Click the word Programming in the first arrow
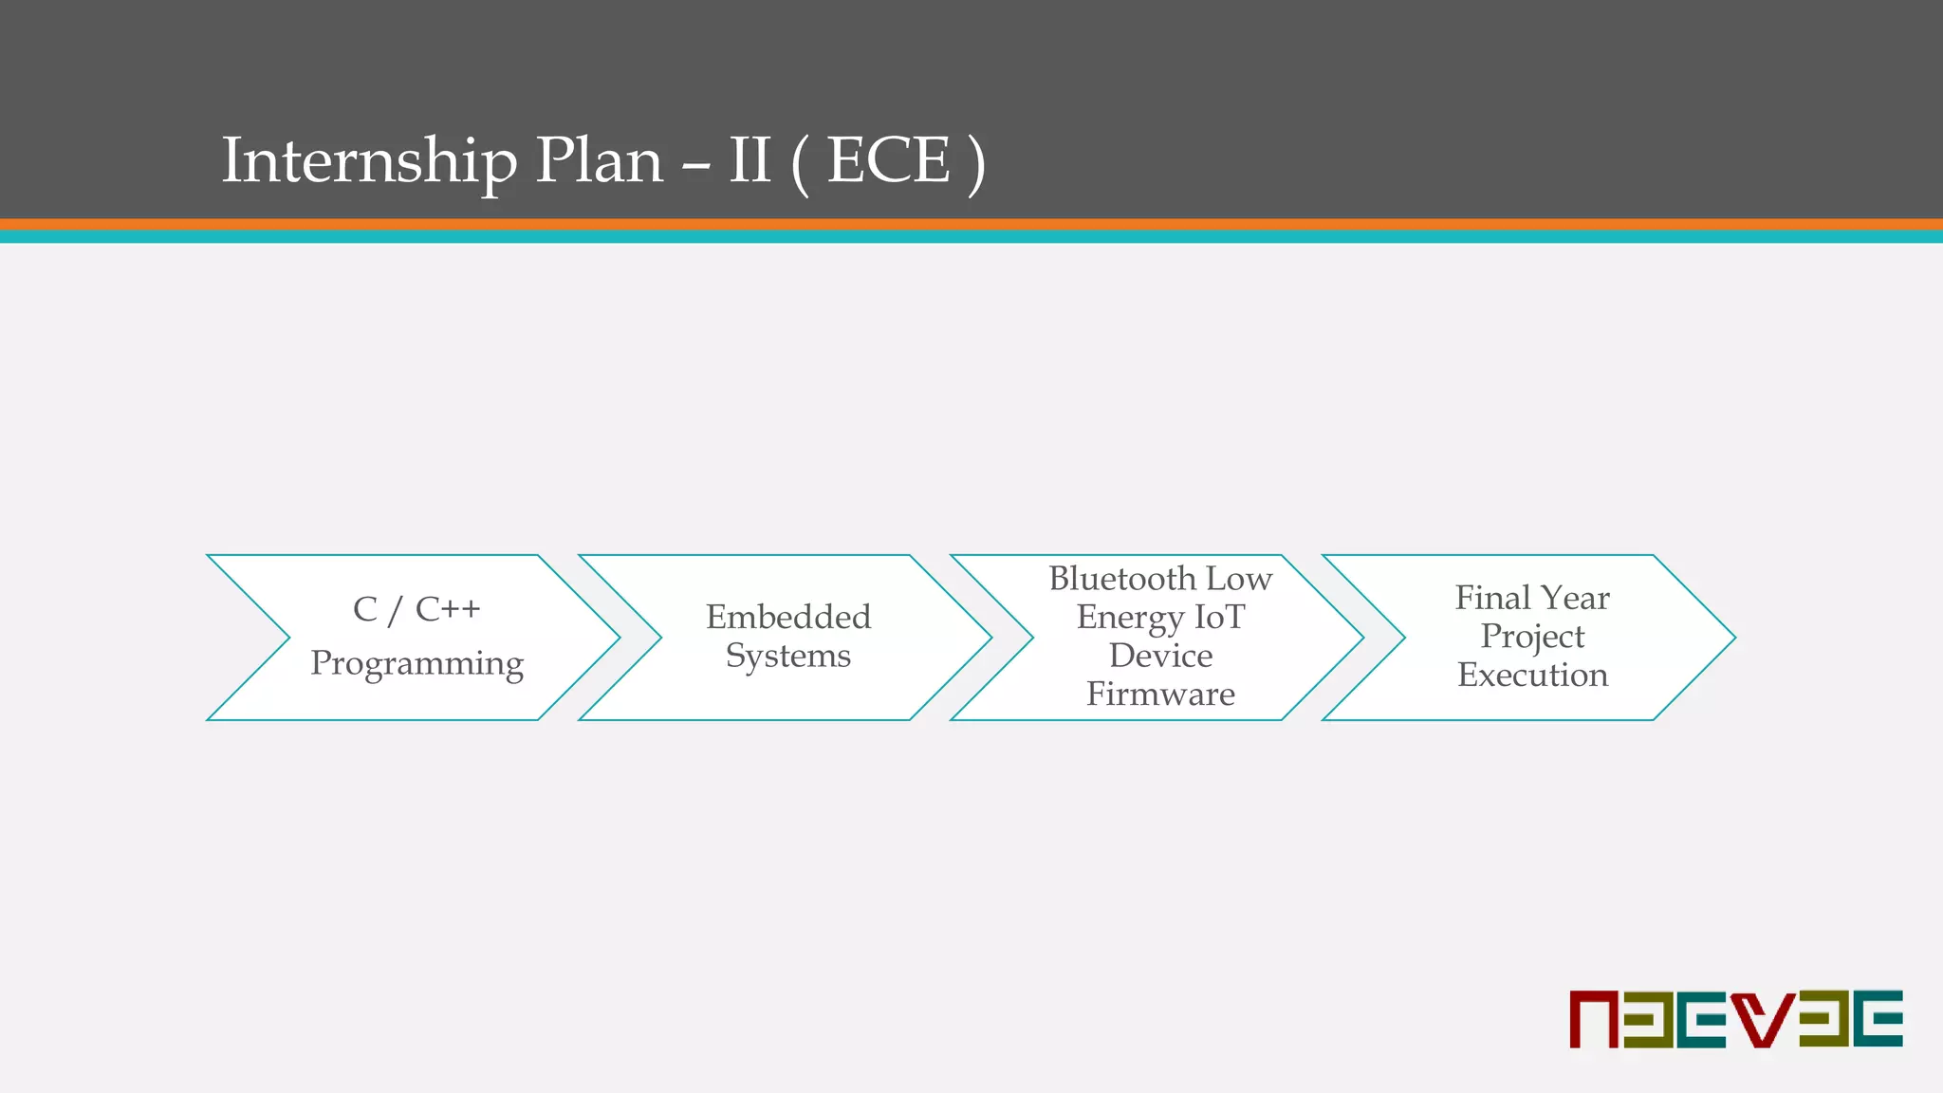(x=416, y=663)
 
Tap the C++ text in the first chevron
(x=448, y=609)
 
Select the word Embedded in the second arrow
(x=788, y=617)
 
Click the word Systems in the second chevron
(x=788, y=656)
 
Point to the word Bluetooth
(x=1121, y=578)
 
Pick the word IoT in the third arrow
(x=1219, y=617)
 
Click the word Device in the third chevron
(x=1160, y=656)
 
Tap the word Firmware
(x=1160, y=695)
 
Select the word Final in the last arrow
(x=1492, y=598)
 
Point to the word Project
(x=1532, y=637)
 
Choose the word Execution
(x=1532, y=675)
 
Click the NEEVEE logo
(x=1736, y=1019)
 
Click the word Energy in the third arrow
(x=1129, y=618)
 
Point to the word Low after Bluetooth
(x=1239, y=578)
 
